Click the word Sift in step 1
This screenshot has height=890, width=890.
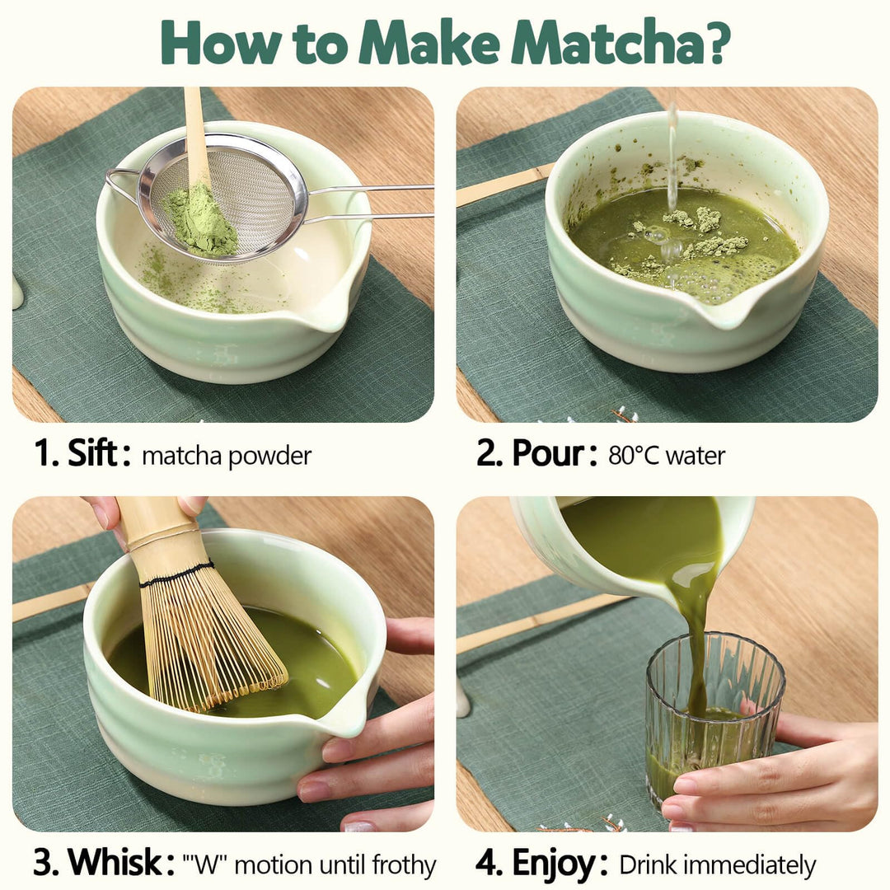(92, 453)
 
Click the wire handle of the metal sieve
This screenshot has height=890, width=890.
(369, 201)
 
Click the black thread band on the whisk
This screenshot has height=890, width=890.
(177, 574)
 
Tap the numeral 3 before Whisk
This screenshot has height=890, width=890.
(43, 863)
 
